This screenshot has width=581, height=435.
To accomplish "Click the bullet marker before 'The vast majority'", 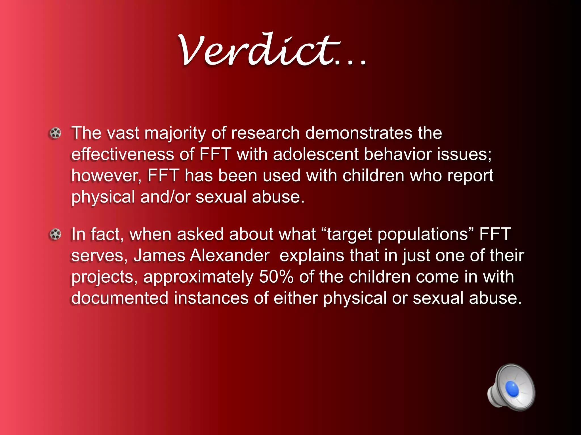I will pyautogui.click(x=55, y=133).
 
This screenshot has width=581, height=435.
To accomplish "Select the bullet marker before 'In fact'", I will pyautogui.click(x=55, y=234).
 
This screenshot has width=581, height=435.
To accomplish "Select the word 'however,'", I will pyautogui.click(x=106, y=176).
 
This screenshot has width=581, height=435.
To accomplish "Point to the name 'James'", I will pyautogui.click(x=159, y=255).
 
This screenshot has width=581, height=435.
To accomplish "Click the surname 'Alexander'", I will pyautogui.click(x=230, y=255).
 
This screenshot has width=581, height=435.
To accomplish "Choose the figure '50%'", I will pyautogui.click(x=276, y=277).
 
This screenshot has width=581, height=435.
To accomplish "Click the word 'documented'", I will pyautogui.click(x=120, y=298).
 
